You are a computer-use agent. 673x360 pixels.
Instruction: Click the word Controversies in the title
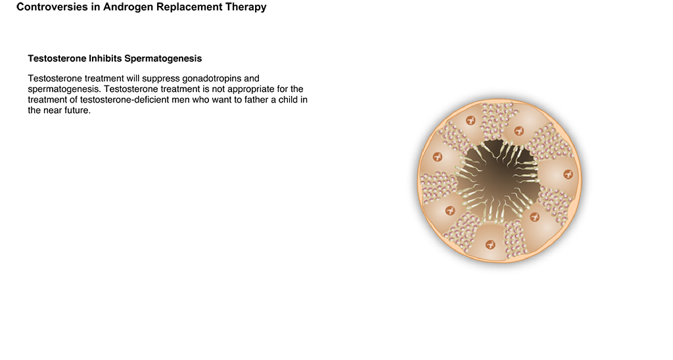point(52,7)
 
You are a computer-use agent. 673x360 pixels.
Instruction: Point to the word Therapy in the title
point(246,7)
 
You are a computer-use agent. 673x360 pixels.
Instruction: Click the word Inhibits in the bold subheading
point(102,58)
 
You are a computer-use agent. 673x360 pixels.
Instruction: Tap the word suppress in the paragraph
point(161,79)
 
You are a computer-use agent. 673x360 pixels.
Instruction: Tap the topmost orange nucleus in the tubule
point(471,121)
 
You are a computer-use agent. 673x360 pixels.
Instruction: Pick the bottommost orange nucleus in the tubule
point(490,244)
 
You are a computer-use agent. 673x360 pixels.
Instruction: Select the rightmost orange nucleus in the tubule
point(568,174)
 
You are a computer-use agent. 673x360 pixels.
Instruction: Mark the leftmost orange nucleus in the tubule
point(437,156)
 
